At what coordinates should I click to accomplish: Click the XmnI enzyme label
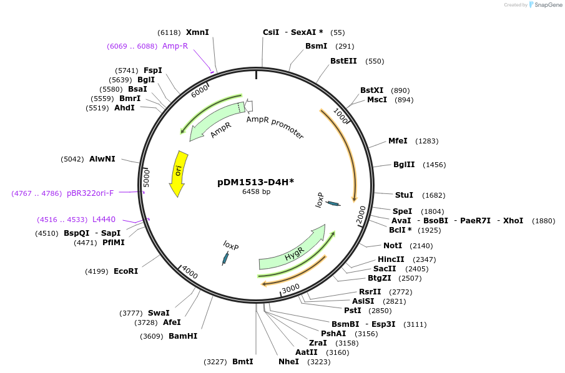coord(197,32)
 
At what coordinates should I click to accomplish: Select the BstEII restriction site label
coord(343,61)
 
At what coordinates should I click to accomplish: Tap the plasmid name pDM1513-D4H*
coord(255,182)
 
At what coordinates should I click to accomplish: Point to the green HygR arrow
coord(292,250)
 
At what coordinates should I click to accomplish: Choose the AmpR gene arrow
coord(215,122)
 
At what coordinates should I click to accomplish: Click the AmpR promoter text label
coord(275,127)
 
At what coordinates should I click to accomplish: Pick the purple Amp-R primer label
coord(175,46)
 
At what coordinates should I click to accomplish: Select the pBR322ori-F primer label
coord(90,193)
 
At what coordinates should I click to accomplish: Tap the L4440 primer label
coord(104,220)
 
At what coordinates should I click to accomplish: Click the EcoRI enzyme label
coord(125,271)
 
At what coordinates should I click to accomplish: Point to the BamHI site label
coord(183,336)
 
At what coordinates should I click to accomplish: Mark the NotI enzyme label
coord(393,246)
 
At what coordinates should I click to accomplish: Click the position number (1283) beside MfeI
coord(427,142)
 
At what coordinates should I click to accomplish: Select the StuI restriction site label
coord(404,195)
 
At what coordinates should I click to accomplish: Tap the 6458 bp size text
coord(256,192)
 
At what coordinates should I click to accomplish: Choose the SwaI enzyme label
coord(159,312)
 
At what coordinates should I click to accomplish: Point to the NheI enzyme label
coord(288,362)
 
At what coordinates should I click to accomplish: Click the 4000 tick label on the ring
coord(189,274)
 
